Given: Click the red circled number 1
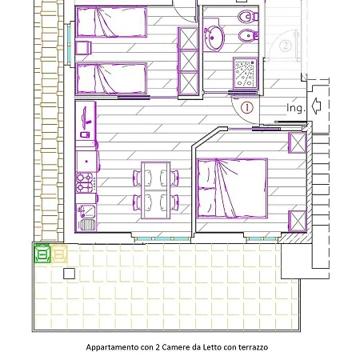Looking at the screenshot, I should pyautogui.click(x=246, y=106).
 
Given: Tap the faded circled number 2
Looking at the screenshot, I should pyautogui.click(x=286, y=46).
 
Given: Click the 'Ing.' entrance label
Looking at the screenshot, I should pyautogui.click(x=295, y=107).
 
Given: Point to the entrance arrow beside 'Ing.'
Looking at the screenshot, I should pyautogui.click(x=317, y=105).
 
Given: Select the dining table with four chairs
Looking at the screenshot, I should pyautogui.click(x=154, y=189).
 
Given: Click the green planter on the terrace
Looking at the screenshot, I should pyautogui.click(x=42, y=254).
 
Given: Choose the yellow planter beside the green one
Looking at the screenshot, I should pyautogui.click(x=60, y=254).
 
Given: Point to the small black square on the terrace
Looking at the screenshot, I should pyautogui.click(x=69, y=274).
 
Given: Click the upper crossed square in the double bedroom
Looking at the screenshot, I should pyautogui.click(x=297, y=143).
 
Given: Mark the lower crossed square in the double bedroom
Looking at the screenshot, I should pyautogui.click(x=297, y=219).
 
